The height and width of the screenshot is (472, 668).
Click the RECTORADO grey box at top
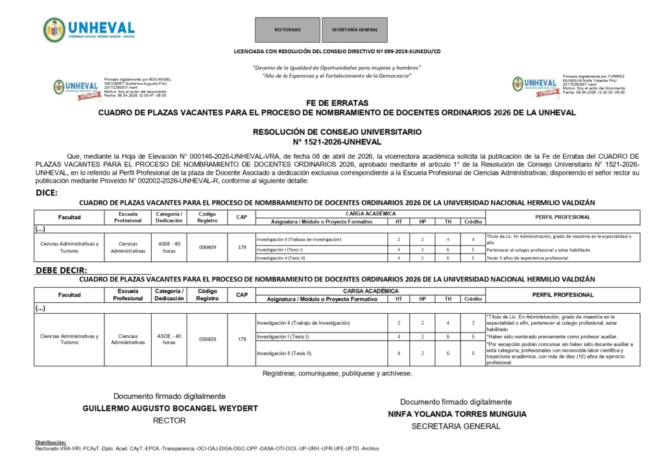click(x=287, y=30)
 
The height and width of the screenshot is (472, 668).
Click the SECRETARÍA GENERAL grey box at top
click(x=355, y=30)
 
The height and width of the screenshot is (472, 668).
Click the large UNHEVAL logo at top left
click(x=89, y=29)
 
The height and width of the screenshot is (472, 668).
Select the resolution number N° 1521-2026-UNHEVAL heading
click(x=337, y=141)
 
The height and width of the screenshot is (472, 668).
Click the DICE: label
click(x=47, y=193)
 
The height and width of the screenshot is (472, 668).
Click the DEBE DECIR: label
click(x=62, y=270)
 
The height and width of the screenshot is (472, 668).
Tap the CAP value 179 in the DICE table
click(x=242, y=247)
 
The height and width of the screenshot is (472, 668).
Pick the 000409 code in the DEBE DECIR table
click(x=208, y=339)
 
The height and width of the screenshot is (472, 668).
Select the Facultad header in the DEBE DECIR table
click(x=69, y=295)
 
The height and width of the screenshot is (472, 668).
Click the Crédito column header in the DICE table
click(x=473, y=222)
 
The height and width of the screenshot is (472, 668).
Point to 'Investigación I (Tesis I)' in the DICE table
click(x=280, y=250)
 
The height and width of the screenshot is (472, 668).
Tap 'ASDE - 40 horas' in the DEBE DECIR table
click(x=169, y=339)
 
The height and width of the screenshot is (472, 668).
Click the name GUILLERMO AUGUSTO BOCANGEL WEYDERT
click(x=170, y=408)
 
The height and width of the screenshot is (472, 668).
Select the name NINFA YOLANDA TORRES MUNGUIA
click(x=457, y=414)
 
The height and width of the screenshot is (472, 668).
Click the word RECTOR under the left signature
click(x=169, y=421)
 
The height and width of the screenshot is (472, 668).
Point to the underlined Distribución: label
click(x=51, y=442)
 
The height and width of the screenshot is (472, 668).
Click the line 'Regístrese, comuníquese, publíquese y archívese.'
click(x=337, y=373)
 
